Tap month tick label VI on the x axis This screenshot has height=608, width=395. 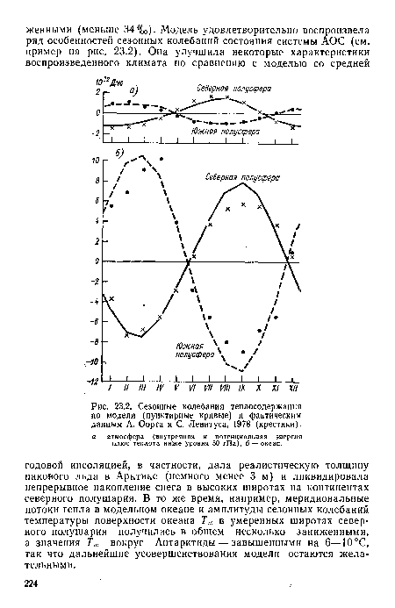tap(193, 387)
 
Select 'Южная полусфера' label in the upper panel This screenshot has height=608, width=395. tap(224, 132)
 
